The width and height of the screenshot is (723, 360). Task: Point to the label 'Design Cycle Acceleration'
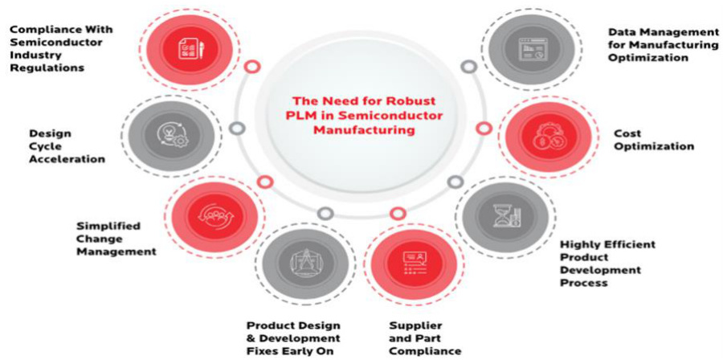click(67, 145)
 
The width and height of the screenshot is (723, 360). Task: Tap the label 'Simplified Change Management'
click(116, 238)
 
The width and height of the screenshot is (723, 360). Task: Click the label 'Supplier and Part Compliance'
click(424, 337)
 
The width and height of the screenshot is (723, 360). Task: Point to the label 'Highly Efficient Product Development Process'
click(607, 263)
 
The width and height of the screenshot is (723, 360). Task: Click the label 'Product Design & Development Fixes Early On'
click(292, 337)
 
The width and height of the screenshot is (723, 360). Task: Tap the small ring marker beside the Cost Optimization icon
click(484, 128)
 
